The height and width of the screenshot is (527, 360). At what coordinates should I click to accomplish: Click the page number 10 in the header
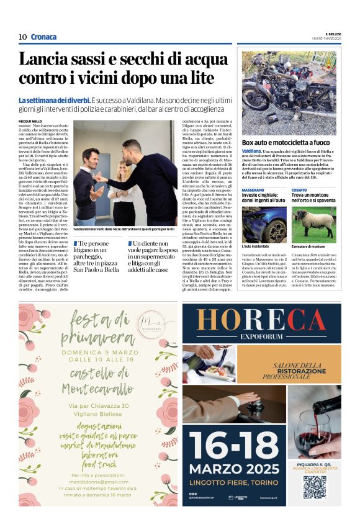coord(22,37)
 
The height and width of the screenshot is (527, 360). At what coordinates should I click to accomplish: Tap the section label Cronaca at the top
coord(43,37)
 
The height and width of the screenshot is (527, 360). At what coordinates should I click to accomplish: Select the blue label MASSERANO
coord(253,190)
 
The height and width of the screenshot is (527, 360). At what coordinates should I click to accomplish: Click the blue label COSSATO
coord(299,190)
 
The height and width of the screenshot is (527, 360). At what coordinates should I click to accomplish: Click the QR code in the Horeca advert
coord(315,487)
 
